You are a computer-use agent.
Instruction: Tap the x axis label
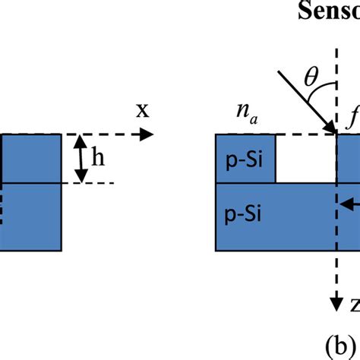coord(142,111)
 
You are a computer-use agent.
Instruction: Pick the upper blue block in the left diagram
coord(30,158)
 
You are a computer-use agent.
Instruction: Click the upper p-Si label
coord(245,159)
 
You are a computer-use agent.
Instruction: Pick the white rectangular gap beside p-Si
coord(304,158)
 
